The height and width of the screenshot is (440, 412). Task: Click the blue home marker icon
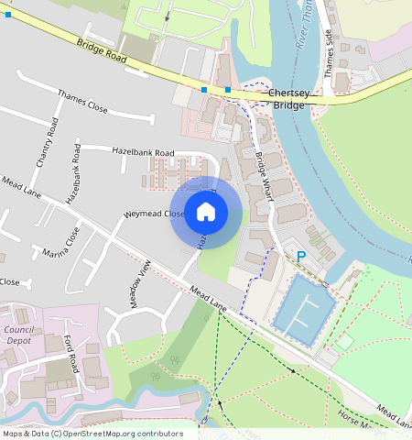[x=206, y=213]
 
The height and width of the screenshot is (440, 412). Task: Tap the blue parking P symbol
[x=299, y=258]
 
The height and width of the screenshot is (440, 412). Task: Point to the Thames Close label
[x=82, y=102]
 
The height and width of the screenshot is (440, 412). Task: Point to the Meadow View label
[x=141, y=285]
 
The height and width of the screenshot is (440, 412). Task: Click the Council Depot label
[x=19, y=335]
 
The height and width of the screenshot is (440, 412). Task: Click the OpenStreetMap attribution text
[x=92, y=434]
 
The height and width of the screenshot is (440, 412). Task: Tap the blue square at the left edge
[x=8, y=15]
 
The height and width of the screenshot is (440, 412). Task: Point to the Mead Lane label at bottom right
[x=394, y=416]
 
